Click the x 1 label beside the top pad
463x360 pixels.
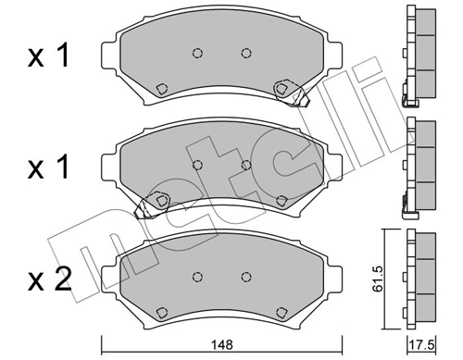point(48,56)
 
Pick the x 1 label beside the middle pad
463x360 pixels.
point(48,169)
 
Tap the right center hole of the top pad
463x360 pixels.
point(245,53)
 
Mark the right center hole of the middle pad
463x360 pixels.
point(245,164)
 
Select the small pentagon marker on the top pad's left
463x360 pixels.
point(160,89)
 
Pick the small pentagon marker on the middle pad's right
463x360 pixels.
point(282,199)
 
